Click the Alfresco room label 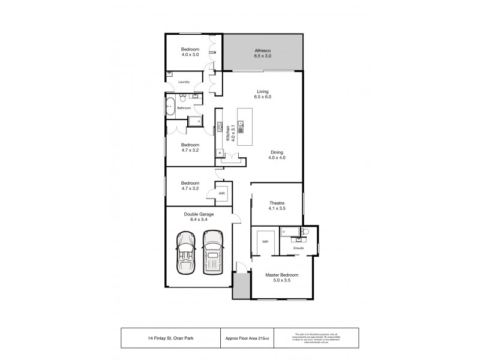(x=263, y=53)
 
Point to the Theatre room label (x=277, y=206)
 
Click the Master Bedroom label (x=281, y=277)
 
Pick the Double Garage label (x=199, y=217)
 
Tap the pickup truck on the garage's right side (x=212, y=252)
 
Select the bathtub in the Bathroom (x=170, y=106)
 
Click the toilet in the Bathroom (x=197, y=121)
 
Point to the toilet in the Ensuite (x=305, y=232)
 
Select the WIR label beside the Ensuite (x=264, y=242)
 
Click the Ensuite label (x=298, y=247)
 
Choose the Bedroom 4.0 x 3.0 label (x=190, y=52)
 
